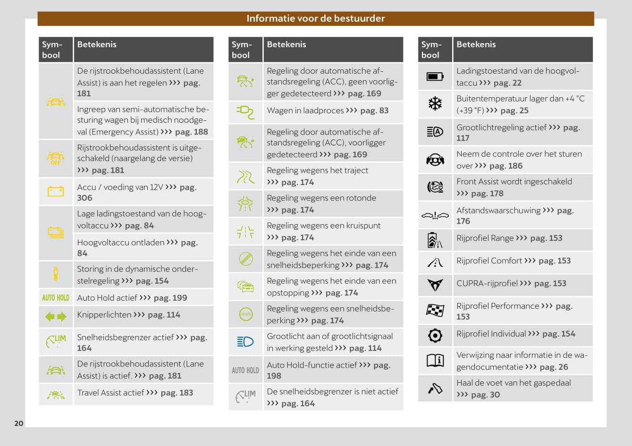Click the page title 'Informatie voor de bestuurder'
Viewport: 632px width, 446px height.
click(x=315, y=18)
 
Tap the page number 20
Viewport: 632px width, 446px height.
click(x=19, y=423)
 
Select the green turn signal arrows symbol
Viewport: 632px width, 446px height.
click(x=56, y=317)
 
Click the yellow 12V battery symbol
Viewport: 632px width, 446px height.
click(x=56, y=191)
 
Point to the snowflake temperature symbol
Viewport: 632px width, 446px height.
click(x=435, y=103)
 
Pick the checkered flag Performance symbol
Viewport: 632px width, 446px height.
click(x=435, y=310)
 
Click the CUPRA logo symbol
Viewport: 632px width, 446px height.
click(x=435, y=285)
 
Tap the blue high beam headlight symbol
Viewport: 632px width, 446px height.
click(x=245, y=342)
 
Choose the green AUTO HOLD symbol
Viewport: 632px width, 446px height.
click(x=56, y=298)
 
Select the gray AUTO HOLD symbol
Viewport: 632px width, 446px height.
click(x=245, y=370)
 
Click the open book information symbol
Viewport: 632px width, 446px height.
click(x=435, y=361)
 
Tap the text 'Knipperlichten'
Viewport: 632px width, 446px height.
click(x=104, y=315)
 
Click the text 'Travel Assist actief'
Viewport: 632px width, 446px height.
click(x=110, y=393)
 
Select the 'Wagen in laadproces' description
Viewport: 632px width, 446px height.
click(x=305, y=110)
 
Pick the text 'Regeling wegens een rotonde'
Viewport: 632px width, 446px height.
click(x=321, y=198)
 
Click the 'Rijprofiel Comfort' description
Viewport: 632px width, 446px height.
click(x=489, y=261)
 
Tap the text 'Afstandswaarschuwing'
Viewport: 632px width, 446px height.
click(x=498, y=210)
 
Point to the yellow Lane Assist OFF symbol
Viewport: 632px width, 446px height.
click(x=56, y=158)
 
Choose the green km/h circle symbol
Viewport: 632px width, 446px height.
click(x=245, y=314)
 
